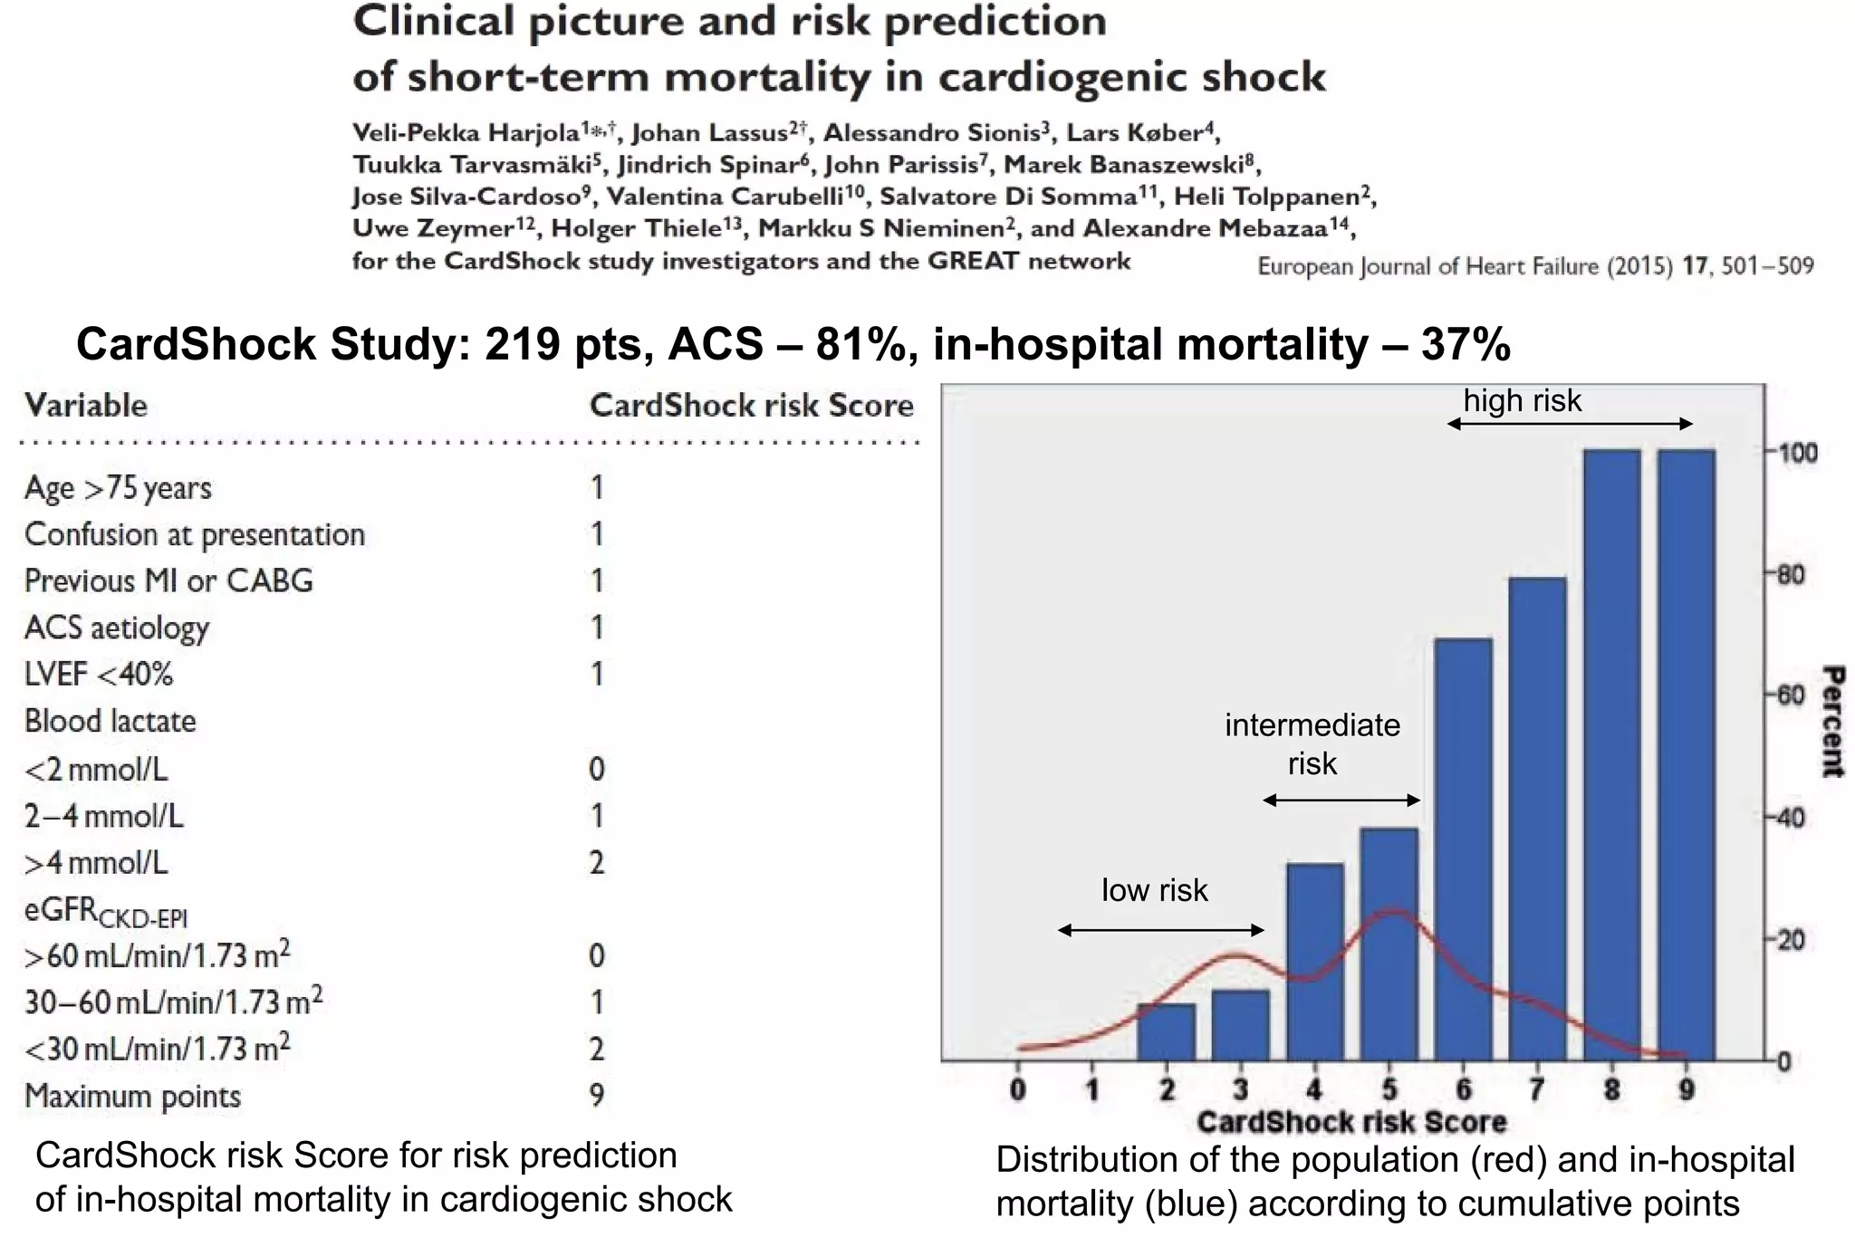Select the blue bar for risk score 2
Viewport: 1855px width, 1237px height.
click(x=1167, y=1031)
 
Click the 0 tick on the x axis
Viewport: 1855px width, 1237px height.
click(x=1018, y=1089)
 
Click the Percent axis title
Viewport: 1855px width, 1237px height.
click(x=1832, y=722)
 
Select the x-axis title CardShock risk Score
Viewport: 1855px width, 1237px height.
click(x=1350, y=1122)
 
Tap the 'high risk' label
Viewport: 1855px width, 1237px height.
click(x=1522, y=400)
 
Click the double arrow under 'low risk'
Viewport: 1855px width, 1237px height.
click(x=1160, y=930)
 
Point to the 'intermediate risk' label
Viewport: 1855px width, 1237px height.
click(x=1312, y=743)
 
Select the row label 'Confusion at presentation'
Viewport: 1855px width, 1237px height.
click(x=195, y=534)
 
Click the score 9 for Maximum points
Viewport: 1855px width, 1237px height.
click(x=596, y=1096)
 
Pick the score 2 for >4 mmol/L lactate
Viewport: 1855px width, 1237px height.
click(x=596, y=862)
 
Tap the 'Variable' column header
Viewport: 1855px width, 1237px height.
click(x=86, y=405)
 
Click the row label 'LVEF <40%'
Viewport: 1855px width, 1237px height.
click(x=99, y=674)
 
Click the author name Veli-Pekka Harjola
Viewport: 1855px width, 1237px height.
click(x=466, y=133)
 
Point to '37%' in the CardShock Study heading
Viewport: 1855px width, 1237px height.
click(x=1465, y=345)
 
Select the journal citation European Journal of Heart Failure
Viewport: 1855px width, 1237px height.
click(x=1464, y=266)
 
